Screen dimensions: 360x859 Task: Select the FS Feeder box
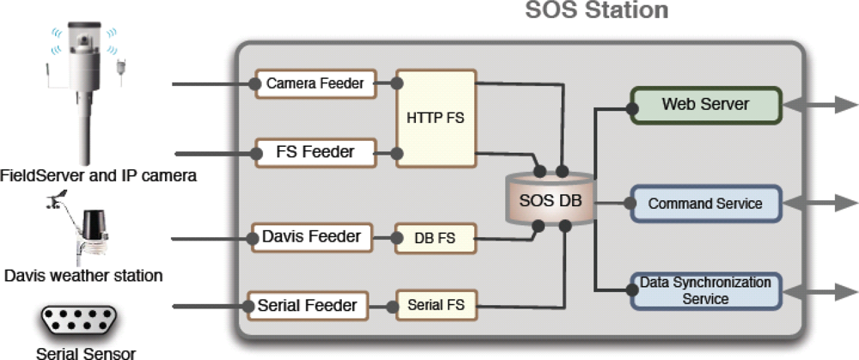pyautogui.click(x=315, y=153)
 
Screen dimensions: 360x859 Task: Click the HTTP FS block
pyautogui.click(x=435, y=118)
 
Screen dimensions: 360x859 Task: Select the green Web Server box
pyautogui.click(x=705, y=105)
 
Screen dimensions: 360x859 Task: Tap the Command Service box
pyautogui.click(x=705, y=204)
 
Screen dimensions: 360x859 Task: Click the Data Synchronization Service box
pyautogui.click(x=705, y=290)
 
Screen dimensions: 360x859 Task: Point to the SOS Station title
pyautogui.click(x=596, y=11)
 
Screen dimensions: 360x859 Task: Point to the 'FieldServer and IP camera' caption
pyautogui.click(x=98, y=175)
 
